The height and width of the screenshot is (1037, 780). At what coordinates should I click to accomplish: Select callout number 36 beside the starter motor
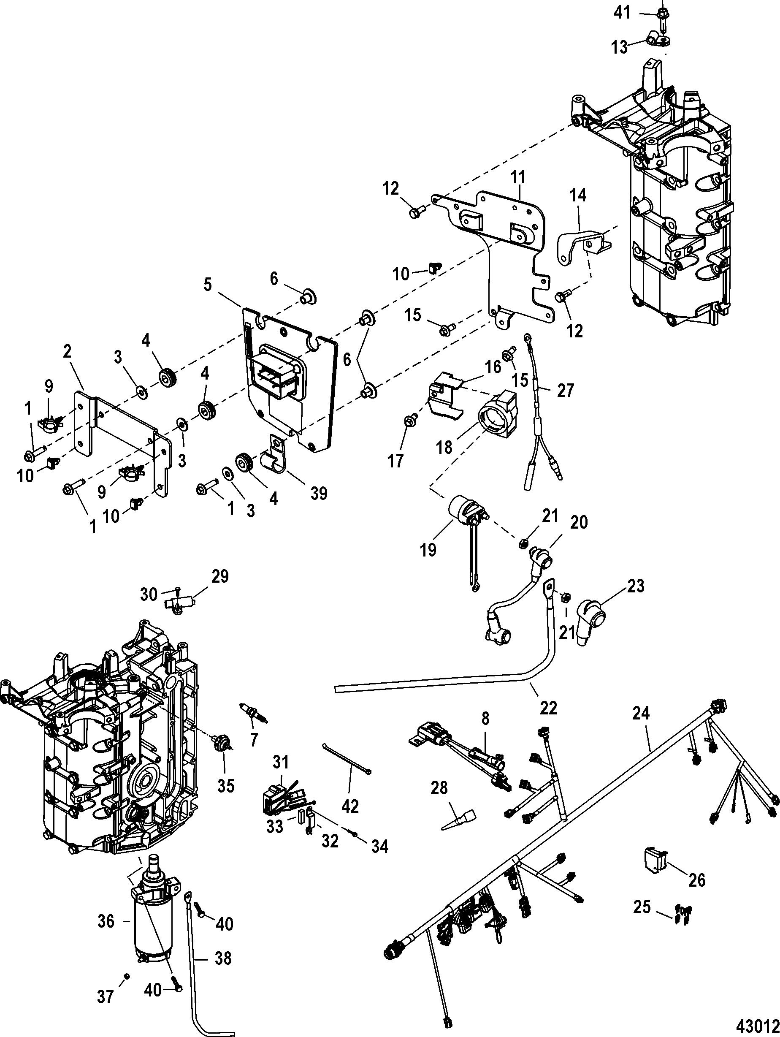[106, 921]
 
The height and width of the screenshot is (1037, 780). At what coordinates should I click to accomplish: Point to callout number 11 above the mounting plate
[518, 177]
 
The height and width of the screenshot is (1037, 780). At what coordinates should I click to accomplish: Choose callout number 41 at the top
[623, 13]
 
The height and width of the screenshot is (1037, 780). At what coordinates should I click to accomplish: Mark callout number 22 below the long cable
[548, 707]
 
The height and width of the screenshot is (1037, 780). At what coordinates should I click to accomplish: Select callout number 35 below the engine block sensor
[226, 786]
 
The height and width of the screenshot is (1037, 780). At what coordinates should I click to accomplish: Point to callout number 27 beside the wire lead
[565, 390]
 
